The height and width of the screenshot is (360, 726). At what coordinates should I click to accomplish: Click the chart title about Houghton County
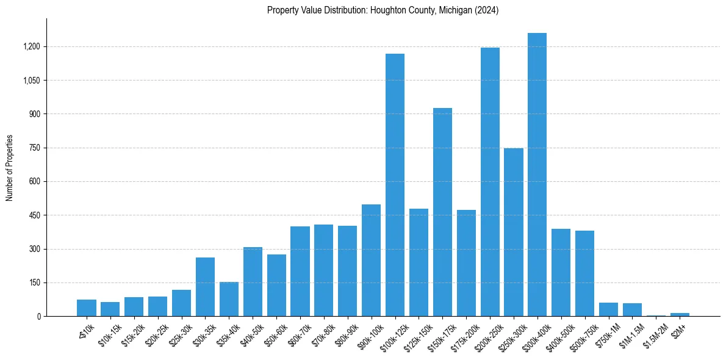(383, 10)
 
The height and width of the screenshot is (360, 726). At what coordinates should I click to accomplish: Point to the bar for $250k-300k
(514, 232)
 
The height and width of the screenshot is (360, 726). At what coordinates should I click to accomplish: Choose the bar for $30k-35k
(205, 287)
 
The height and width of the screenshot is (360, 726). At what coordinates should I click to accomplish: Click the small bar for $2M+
(680, 314)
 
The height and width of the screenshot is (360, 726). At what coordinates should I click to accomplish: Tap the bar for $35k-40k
(229, 299)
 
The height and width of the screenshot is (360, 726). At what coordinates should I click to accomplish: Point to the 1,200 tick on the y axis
(31, 47)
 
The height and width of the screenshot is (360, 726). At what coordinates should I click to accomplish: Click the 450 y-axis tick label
(34, 215)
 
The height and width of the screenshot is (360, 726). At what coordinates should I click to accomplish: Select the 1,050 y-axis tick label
(31, 81)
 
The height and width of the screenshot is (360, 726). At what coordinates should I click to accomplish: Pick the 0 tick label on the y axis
(38, 317)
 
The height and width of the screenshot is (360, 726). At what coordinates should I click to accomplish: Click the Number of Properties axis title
(10, 168)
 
